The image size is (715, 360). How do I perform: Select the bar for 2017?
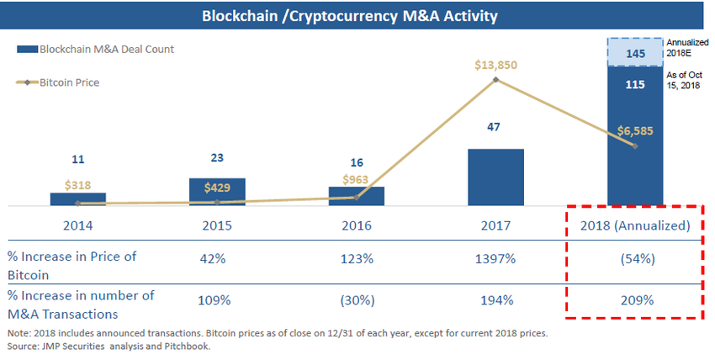click(x=495, y=177)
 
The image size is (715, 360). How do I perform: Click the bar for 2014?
click(x=77, y=199)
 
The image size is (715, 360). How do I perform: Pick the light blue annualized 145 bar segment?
click(x=634, y=53)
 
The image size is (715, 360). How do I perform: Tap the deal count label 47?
click(x=495, y=126)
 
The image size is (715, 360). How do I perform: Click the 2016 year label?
click(x=356, y=225)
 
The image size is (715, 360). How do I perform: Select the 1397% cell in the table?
click(x=495, y=259)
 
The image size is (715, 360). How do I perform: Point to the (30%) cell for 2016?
click(x=356, y=299)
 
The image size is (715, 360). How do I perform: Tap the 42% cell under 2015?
click(x=216, y=259)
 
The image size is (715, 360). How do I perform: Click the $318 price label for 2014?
click(x=77, y=186)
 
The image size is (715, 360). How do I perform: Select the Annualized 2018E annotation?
click(x=683, y=47)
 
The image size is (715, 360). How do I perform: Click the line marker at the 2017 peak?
click(x=495, y=80)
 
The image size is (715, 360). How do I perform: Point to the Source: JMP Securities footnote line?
click(x=109, y=346)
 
